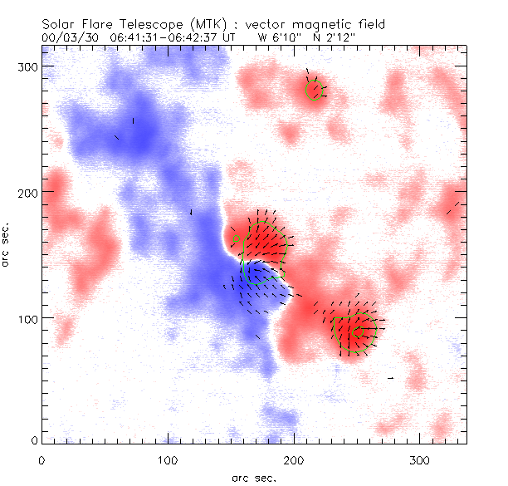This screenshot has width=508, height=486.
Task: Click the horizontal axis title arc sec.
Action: click(x=254, y=478)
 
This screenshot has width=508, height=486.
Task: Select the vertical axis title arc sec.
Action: click(x=7, y=244)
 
